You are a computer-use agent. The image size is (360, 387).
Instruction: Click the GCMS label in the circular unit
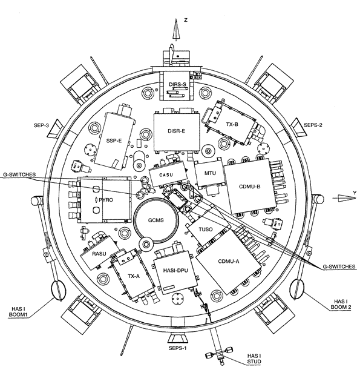(156, 220)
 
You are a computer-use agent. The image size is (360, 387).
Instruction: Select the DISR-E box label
(176, 131)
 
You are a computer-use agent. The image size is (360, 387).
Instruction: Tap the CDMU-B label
(249, 187)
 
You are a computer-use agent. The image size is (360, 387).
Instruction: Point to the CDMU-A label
(229, 262)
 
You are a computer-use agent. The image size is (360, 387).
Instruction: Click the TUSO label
(205, 230)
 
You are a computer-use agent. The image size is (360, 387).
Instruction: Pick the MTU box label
(210, 173)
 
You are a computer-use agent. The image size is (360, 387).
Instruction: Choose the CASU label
(166, 175)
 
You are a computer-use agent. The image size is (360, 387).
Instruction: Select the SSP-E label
(114, 141)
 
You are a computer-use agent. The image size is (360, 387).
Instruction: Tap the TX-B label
(232, 124)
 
